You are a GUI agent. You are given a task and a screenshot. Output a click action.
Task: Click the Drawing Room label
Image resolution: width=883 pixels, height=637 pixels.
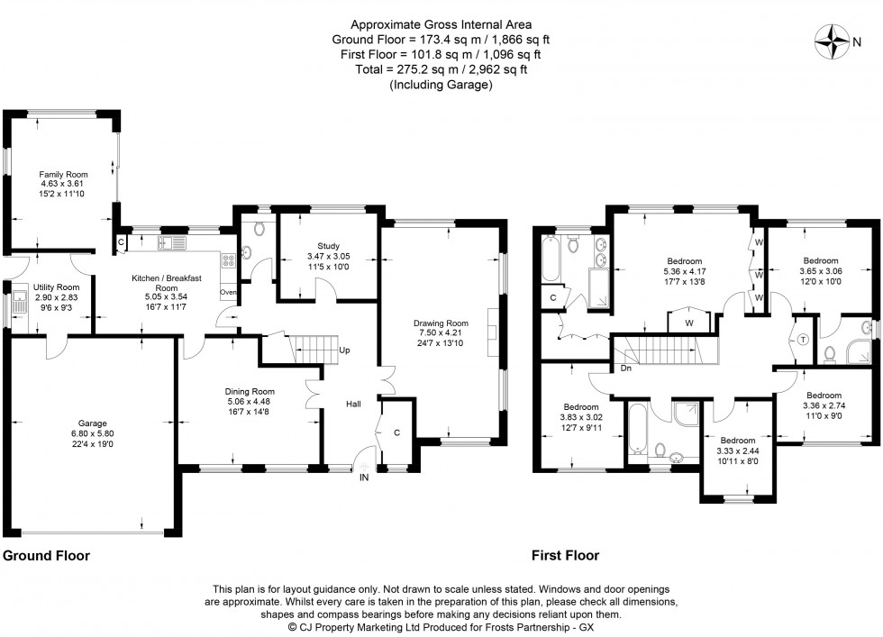pyautogui.click(x=441, y=323)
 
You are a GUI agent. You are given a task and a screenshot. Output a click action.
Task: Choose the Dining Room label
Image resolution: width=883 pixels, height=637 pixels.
pyautogui.click(x=250, y=392)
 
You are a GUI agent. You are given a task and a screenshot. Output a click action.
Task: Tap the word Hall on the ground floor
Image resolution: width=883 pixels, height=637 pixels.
pyautogui.click(x=354, y=405)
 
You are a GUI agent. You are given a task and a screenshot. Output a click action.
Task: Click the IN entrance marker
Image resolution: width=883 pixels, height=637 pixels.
pyautogui.click(x=365, y=478)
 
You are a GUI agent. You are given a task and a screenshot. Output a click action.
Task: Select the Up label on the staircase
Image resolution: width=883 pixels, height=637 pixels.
pyautogui.click(x=344, y=350)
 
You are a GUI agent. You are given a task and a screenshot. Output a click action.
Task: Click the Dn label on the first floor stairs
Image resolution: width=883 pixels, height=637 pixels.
pyautogui.click(x=624, y=369)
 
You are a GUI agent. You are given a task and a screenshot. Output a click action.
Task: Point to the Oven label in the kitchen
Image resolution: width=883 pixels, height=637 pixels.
pyautogui.click(x=228, y=292)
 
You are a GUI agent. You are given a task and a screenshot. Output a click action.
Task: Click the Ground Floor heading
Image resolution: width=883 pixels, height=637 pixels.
pyautogui.click(x=47, y=556)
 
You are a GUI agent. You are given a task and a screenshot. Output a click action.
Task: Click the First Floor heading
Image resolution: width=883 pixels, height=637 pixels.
pyautogui.click(x=565, y=556)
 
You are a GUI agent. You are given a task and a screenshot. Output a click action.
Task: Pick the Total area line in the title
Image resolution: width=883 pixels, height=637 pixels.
pyautogui.click(x=441, y=69)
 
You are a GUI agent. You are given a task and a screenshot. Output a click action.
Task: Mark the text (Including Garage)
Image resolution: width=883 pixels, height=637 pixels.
pyautogui.click(x=441, y=85)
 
